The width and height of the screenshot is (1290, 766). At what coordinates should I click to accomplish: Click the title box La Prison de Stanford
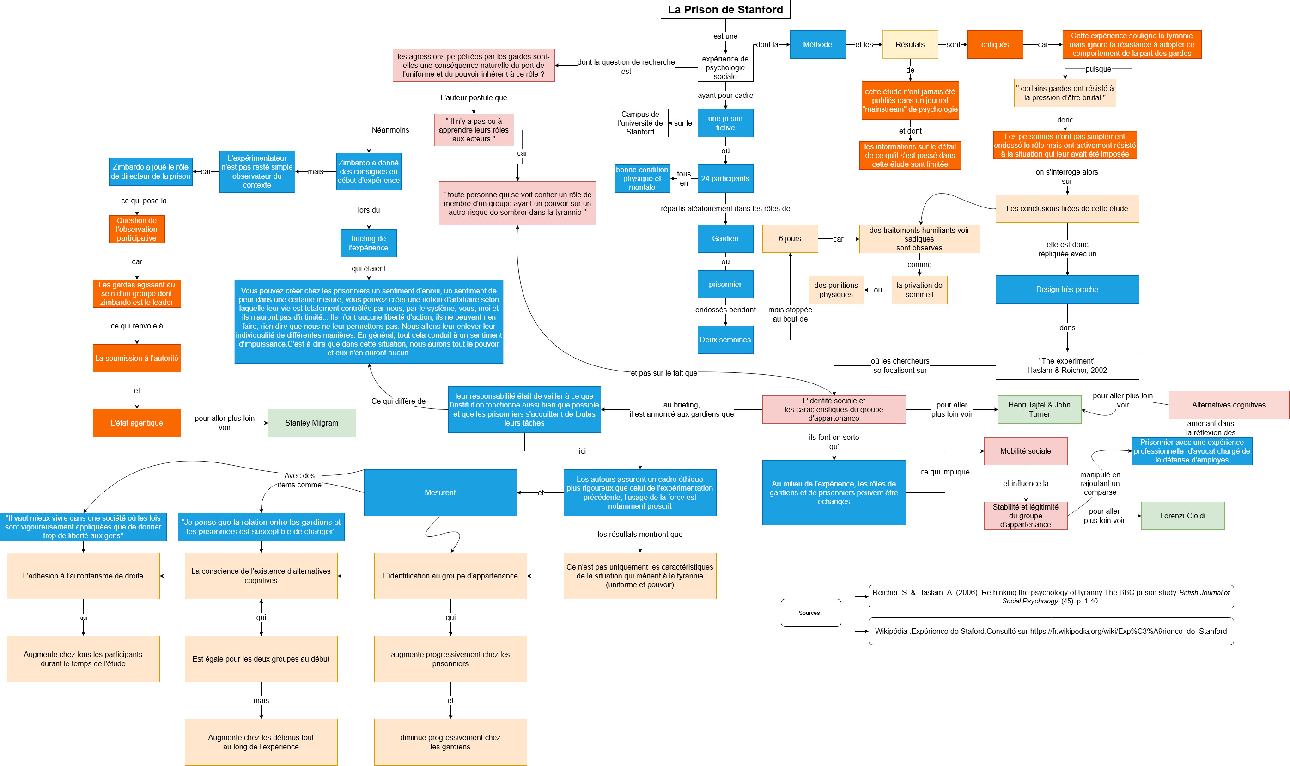pos(725,9)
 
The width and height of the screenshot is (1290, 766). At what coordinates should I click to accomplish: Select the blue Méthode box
pos(817,44)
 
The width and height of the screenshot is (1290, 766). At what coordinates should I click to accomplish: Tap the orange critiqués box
pos(995,44)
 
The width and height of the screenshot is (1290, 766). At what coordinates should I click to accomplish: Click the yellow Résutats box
pos(910,44)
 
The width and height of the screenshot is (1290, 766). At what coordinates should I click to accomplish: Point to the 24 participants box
pos(725,179)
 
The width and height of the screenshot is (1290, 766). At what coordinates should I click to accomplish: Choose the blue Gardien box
pos(725,238)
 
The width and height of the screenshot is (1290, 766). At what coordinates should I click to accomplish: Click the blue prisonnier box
pos(725,285)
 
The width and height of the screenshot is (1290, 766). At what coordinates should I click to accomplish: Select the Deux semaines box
pos(725,340)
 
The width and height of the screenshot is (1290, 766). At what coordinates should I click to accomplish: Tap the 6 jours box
pos(790,238)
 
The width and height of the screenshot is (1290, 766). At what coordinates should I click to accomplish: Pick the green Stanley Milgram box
pos(312,423)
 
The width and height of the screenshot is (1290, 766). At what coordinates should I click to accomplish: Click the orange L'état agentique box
pos(137,423)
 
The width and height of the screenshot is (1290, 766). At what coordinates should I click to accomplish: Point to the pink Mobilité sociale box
pos(1025,451)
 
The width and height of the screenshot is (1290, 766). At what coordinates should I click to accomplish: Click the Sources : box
pos(810,613)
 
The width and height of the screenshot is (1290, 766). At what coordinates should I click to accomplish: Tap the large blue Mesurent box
pos(440,492)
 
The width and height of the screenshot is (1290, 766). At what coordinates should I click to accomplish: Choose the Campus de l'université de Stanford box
pos(640,123)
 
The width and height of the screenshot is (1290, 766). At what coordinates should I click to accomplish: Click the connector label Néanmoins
pos(390,130)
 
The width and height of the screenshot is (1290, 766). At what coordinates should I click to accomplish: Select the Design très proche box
pos(1067,289)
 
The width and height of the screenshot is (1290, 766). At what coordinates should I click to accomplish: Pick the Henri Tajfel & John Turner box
pos(1039,409)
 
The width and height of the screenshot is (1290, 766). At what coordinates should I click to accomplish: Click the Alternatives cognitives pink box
pos(1229,405)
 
